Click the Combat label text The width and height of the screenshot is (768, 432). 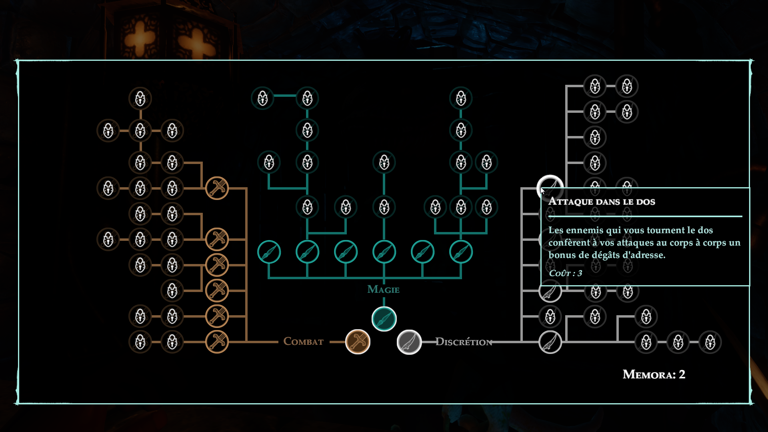(x=303, y=341)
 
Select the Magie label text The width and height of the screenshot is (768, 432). (x=383, y=289)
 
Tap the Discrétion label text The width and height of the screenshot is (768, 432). (x=464, y=342)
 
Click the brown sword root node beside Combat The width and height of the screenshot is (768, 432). (x=358, y=342)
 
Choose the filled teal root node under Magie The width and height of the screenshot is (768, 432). (x=384, y=319)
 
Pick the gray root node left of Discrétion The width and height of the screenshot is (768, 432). (x=409, y=342)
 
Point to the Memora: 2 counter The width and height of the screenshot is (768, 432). (x=654, y=374)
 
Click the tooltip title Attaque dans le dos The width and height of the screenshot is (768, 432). (x=602, y=202)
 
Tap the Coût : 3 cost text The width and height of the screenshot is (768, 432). (x=565, y=273)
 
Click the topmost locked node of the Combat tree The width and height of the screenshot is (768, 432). (x=140, y=98)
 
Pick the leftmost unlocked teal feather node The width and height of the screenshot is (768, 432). (x=269, y=252)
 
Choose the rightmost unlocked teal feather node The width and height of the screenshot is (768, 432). (x=461, y=252)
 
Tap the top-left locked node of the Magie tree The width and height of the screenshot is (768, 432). (x=262, y=98)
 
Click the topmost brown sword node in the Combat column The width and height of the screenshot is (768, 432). (x=217, y=188)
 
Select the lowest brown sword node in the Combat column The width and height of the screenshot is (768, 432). (x=217, y=342)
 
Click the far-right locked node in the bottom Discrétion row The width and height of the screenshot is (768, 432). (x=710, y=342)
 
